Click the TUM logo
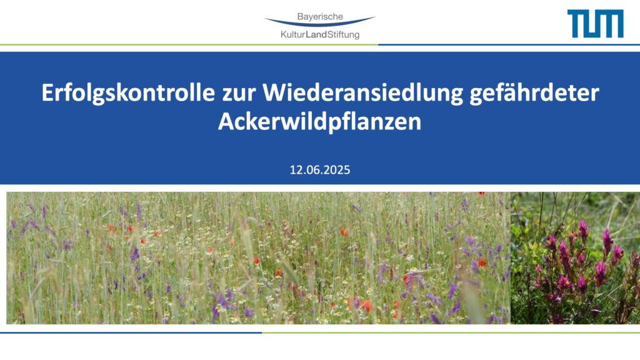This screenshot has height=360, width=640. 595,24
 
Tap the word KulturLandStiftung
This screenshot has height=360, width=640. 320,35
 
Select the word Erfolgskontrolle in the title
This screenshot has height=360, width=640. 128,92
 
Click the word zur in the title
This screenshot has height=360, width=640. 238,94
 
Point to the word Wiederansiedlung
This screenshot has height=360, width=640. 363,92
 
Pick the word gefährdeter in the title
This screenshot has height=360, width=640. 534,92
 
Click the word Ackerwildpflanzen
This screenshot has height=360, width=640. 319,121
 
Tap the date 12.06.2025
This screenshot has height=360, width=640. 320,170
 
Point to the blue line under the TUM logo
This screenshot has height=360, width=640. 509,44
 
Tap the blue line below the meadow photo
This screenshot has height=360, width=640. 131,332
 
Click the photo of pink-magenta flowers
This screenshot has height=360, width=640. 575,258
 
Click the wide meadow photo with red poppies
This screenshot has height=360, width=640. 258,258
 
